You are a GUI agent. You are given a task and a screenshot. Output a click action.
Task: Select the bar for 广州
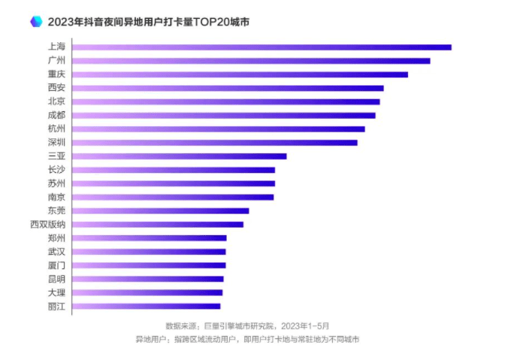click(251, 61)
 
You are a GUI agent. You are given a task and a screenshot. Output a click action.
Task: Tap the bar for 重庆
click(240, 74)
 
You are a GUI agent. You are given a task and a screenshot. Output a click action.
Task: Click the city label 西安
click(56, 88)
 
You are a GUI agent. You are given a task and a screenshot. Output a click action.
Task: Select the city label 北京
click(56, 101)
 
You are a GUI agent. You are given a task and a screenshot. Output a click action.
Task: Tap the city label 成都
click(56, 115)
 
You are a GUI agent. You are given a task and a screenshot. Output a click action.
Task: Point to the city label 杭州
click(56, 129)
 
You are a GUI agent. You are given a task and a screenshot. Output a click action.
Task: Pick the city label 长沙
click(56, 170)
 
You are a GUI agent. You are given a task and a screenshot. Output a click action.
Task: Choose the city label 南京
click(56, 197)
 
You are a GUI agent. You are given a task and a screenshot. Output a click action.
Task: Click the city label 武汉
click(56, 252)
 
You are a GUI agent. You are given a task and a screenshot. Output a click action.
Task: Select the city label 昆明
click(56, 279)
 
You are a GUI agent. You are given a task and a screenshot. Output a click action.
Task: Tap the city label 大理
click(56, 292)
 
